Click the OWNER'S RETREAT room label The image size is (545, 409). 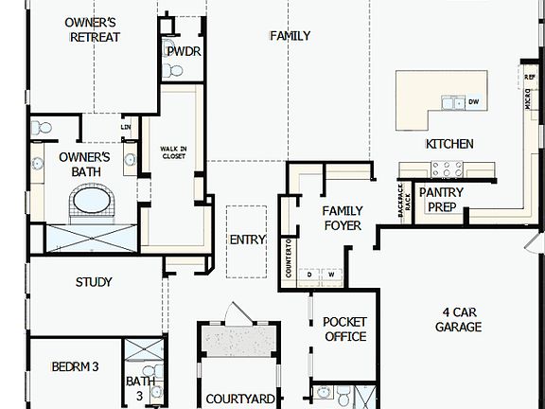91,29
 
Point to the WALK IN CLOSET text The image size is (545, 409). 173,153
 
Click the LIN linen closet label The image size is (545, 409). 126,127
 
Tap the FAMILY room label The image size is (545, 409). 290,36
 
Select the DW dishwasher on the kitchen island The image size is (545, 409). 473,102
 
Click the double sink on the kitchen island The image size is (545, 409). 453,102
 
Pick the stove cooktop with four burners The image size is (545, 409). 446,169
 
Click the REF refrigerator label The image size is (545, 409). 530,69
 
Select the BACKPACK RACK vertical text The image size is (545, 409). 402,201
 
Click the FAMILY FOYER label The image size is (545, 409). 343,218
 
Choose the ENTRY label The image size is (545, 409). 248,240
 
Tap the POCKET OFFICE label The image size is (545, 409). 344,329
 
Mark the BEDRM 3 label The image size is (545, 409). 76,366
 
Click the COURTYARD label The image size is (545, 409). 240,400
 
